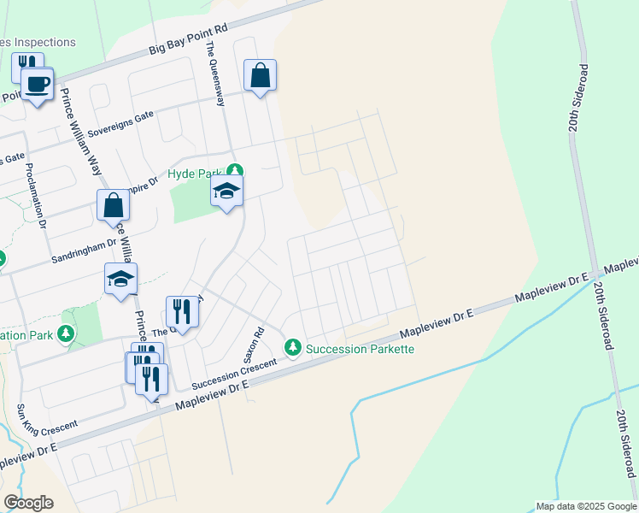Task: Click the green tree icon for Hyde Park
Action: pos(235,172)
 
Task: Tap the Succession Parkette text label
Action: pos(360,349)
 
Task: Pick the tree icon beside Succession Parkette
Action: pos(293,347)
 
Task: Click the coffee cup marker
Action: pos(37,84)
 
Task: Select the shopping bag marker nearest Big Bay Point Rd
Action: pos(260,75)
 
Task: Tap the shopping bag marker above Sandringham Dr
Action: pos(113,205)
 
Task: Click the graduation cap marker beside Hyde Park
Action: pos(226,192)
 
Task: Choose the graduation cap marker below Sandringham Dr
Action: pos(120,279)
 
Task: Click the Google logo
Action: pos(29,503)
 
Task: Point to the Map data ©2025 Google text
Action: pos(586,506)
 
